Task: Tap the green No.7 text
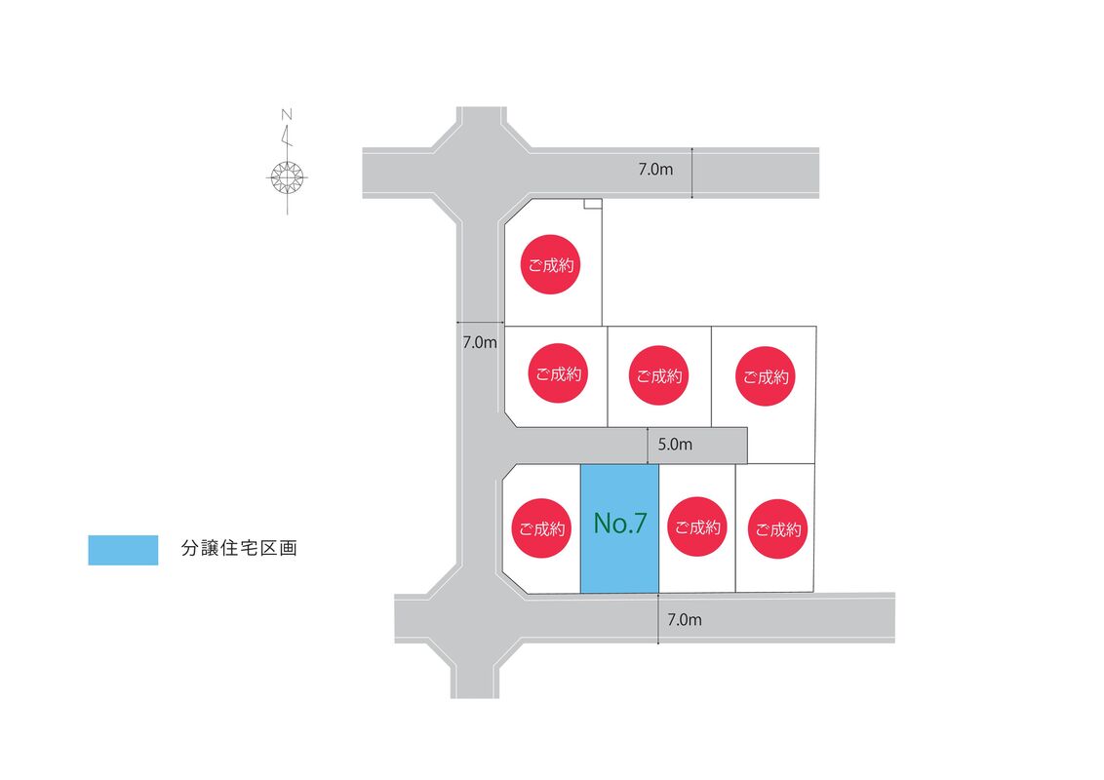tap(620, 524)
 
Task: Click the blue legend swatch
tap(123, 550)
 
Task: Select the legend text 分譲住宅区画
tap(239, 549)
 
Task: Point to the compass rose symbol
tap(287, 176)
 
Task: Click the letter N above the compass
tap(287, 115)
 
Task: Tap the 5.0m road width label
tap(675, 445)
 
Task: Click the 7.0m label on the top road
tap(655, 170)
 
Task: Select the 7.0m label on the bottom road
tap(685, 619)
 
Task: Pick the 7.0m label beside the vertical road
tap(480, 342)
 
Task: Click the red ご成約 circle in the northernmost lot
tap(550, 264)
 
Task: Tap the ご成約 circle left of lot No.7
tap(541, 529)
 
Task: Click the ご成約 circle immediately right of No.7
tap(697, 527)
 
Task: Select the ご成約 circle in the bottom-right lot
tap(778, 530)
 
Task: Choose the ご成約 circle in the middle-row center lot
tap(658, 375)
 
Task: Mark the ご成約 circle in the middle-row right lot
tap(765, 376)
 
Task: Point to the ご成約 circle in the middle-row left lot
tap(558, 373)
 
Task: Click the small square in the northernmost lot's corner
tap(592, 205)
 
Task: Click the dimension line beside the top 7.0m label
tap(691, 173)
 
